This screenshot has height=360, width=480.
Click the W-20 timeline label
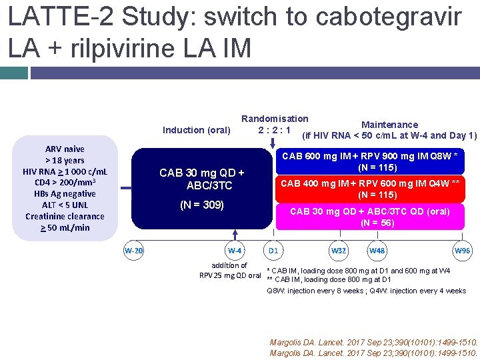click(133, 251)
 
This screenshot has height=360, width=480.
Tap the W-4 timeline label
click(234, 251)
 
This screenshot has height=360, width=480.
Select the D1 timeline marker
click(273, 251)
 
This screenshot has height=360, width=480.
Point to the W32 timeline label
click(339, 251)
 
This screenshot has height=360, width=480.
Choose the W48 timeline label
click(377, 251)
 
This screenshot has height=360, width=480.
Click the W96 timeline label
click(462, 251)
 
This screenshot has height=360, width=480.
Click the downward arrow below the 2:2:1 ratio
click(272, 142)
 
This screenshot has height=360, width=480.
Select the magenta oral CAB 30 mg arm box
click(371, 217)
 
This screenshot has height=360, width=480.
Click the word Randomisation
click(275, 119)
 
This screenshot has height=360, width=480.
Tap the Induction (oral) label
click(197, 130)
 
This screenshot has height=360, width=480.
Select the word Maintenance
click(389, 125)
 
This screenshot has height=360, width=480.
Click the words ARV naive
click(65, 149)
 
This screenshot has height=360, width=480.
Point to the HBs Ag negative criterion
click(65, 193)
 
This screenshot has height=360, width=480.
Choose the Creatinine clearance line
click(65, 216)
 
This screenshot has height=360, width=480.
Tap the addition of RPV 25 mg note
click(230, 271)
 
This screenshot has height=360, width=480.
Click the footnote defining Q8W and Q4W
click(366, 291)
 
